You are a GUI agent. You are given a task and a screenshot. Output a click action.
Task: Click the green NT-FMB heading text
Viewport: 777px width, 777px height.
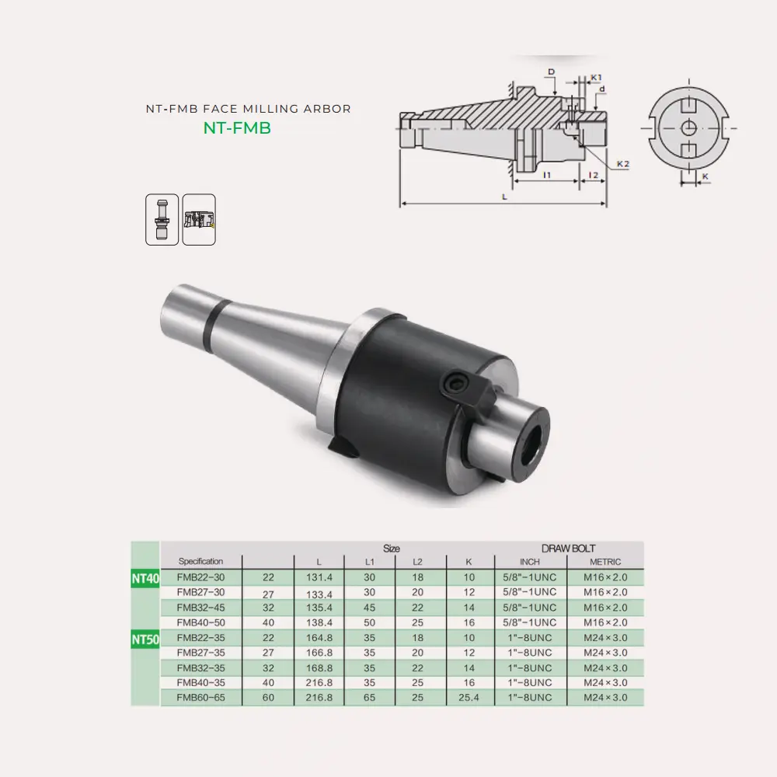coord(237,129)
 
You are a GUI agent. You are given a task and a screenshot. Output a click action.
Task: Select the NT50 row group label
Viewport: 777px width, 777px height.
coord(145,639)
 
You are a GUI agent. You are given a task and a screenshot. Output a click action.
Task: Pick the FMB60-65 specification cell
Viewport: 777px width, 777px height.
coord(200,698)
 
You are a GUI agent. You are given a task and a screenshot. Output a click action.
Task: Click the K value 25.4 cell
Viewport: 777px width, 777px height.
coord(469,698)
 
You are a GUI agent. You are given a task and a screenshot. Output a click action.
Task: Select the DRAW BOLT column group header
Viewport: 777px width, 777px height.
coord(567,548)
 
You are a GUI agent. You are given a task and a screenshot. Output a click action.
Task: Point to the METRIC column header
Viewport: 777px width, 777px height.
coord(605,562)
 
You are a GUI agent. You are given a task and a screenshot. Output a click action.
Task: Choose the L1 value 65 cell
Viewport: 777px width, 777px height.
coord(370,698)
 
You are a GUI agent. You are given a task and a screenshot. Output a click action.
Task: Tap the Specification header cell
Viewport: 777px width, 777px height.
coord(200,561)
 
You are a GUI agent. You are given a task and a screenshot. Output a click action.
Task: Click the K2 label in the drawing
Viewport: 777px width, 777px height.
coord(622,164)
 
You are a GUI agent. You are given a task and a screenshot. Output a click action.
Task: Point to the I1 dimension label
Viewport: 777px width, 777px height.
coord(547,176)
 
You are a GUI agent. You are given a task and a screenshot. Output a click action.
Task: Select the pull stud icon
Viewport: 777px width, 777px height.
coord(162,220)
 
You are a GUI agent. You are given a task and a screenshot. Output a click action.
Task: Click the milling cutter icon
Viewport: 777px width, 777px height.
coord(199,220)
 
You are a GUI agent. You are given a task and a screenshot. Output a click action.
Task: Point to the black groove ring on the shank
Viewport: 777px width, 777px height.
coord(212,321)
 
